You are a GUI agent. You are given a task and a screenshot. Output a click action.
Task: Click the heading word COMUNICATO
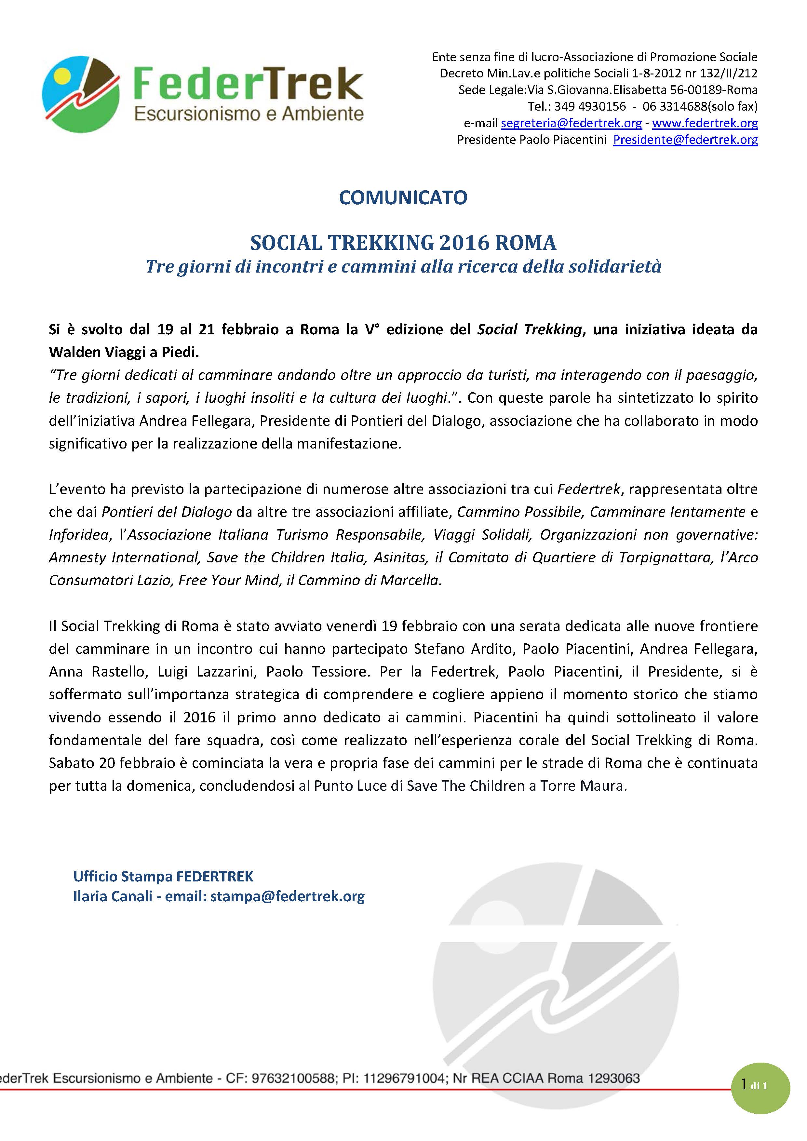(403, 198)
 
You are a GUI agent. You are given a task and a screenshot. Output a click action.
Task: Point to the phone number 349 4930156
(590, 106)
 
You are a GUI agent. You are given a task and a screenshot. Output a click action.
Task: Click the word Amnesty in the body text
(77, 557)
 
